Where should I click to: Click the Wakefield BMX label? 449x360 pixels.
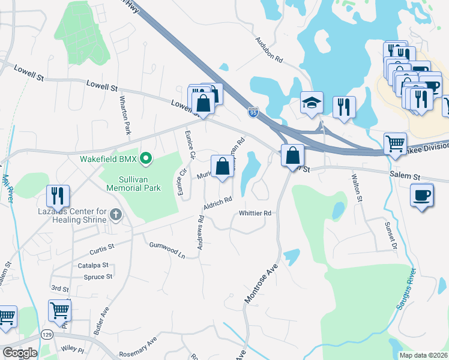pyautogui.click(x=108, y=160)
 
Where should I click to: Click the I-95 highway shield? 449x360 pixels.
pyautogui.click(x=253, y=112)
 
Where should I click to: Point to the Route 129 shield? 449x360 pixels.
pyautogui.click(x=46, y=334)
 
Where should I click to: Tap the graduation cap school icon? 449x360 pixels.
pyautogui.click(x=312, y=103)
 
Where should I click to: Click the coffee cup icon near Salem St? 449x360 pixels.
pyautogui.click(x=421, y=195)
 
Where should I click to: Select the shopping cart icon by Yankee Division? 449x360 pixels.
pyautogui.click(x=394, y=143)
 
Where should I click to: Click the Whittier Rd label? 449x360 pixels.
pyautogui.click(x=255, y=213)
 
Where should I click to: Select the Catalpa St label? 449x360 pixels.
pyautogui.click(x=93, y=265)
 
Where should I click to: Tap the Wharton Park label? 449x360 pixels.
pyautogui.click(x=125, y=115)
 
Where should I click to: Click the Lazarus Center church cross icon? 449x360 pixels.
pyautogui.click(x=115, y=214)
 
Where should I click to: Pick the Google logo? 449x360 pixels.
pyautogui.click(x=20, y=353)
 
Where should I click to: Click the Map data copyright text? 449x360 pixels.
pyautogui.click(x=423, y=355)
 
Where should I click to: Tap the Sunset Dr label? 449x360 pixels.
pyautogui.click(x=390, y=234)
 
